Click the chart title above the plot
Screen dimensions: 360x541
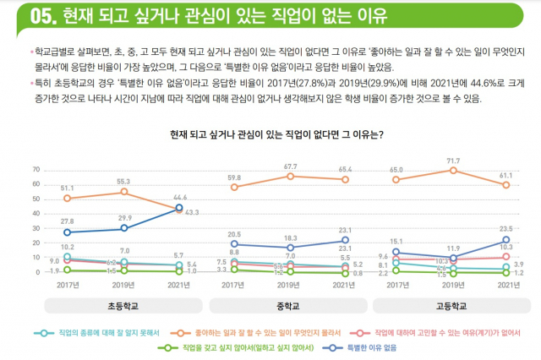click(276, 134)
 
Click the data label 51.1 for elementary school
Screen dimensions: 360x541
click(68, 188)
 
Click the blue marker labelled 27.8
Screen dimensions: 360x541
click(68, 232)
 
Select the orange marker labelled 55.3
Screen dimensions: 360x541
click(123, 192)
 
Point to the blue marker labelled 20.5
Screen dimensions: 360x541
click(234, 243)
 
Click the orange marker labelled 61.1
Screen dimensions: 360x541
click(506, 184)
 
